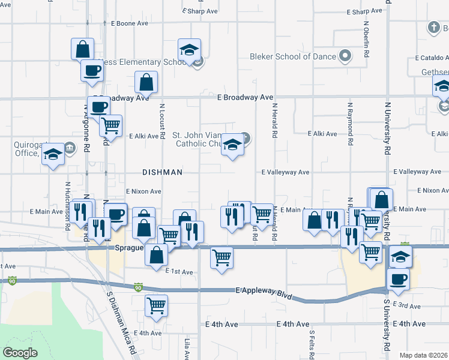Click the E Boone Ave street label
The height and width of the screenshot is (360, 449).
[130, 23]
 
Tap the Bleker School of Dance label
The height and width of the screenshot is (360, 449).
[292, 56]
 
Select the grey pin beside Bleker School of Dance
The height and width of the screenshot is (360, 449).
[345, 57]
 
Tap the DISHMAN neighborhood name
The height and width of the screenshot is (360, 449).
[162, 172]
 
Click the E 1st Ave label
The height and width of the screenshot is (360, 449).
[179, 272]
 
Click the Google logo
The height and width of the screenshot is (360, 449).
[20, 352]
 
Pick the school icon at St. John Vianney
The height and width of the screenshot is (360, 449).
[232, 145]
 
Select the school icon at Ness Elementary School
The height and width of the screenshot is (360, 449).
[189, 50]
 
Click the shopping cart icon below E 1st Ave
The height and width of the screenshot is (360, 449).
[156, 305]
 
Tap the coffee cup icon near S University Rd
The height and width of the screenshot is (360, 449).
[399, 278]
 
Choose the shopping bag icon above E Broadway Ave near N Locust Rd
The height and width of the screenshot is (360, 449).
[146, 82]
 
